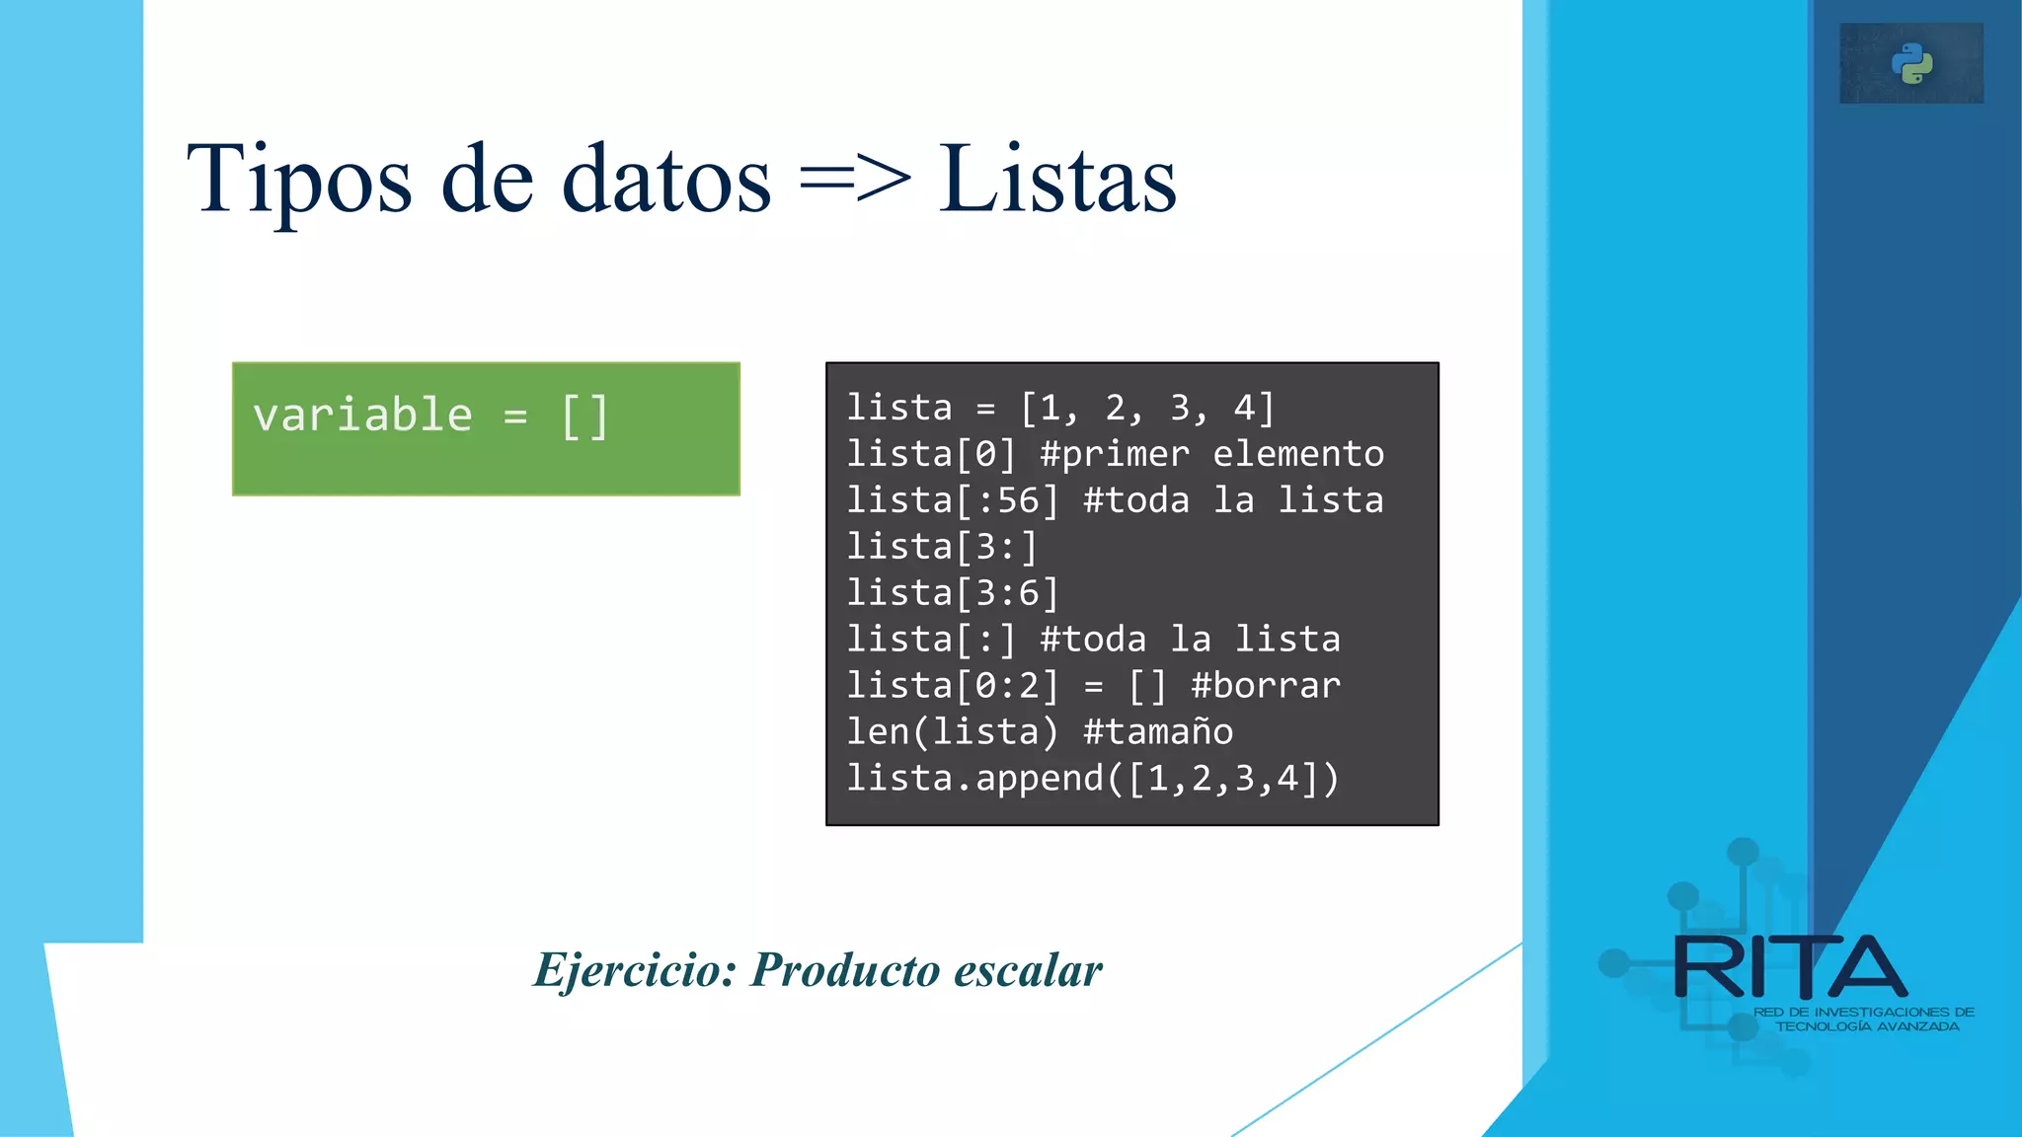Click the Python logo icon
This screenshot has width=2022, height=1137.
click(x=1911, y=64)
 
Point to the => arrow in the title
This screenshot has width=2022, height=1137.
click(x=855, y=180)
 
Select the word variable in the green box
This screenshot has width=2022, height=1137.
click(x=362, y=415)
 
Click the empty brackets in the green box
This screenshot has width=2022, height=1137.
click(x=584, y=417)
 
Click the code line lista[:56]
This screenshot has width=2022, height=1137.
click(x=953, y=500)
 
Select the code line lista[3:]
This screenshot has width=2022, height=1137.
click(x=942, y=547)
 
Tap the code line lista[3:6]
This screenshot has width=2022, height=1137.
click(x=953, y=593)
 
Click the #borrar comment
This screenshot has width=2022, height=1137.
click(x=1266, y=686)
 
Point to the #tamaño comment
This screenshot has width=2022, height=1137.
click(x=1158, y=732)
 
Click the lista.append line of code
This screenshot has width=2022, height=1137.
click(x=1093, y=779)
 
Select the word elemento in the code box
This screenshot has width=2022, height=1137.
click(x=1298, y=454)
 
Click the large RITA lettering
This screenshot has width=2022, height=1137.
click(x=1790, y=968)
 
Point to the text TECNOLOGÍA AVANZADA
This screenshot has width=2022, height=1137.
click(x=1867, y=1026)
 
